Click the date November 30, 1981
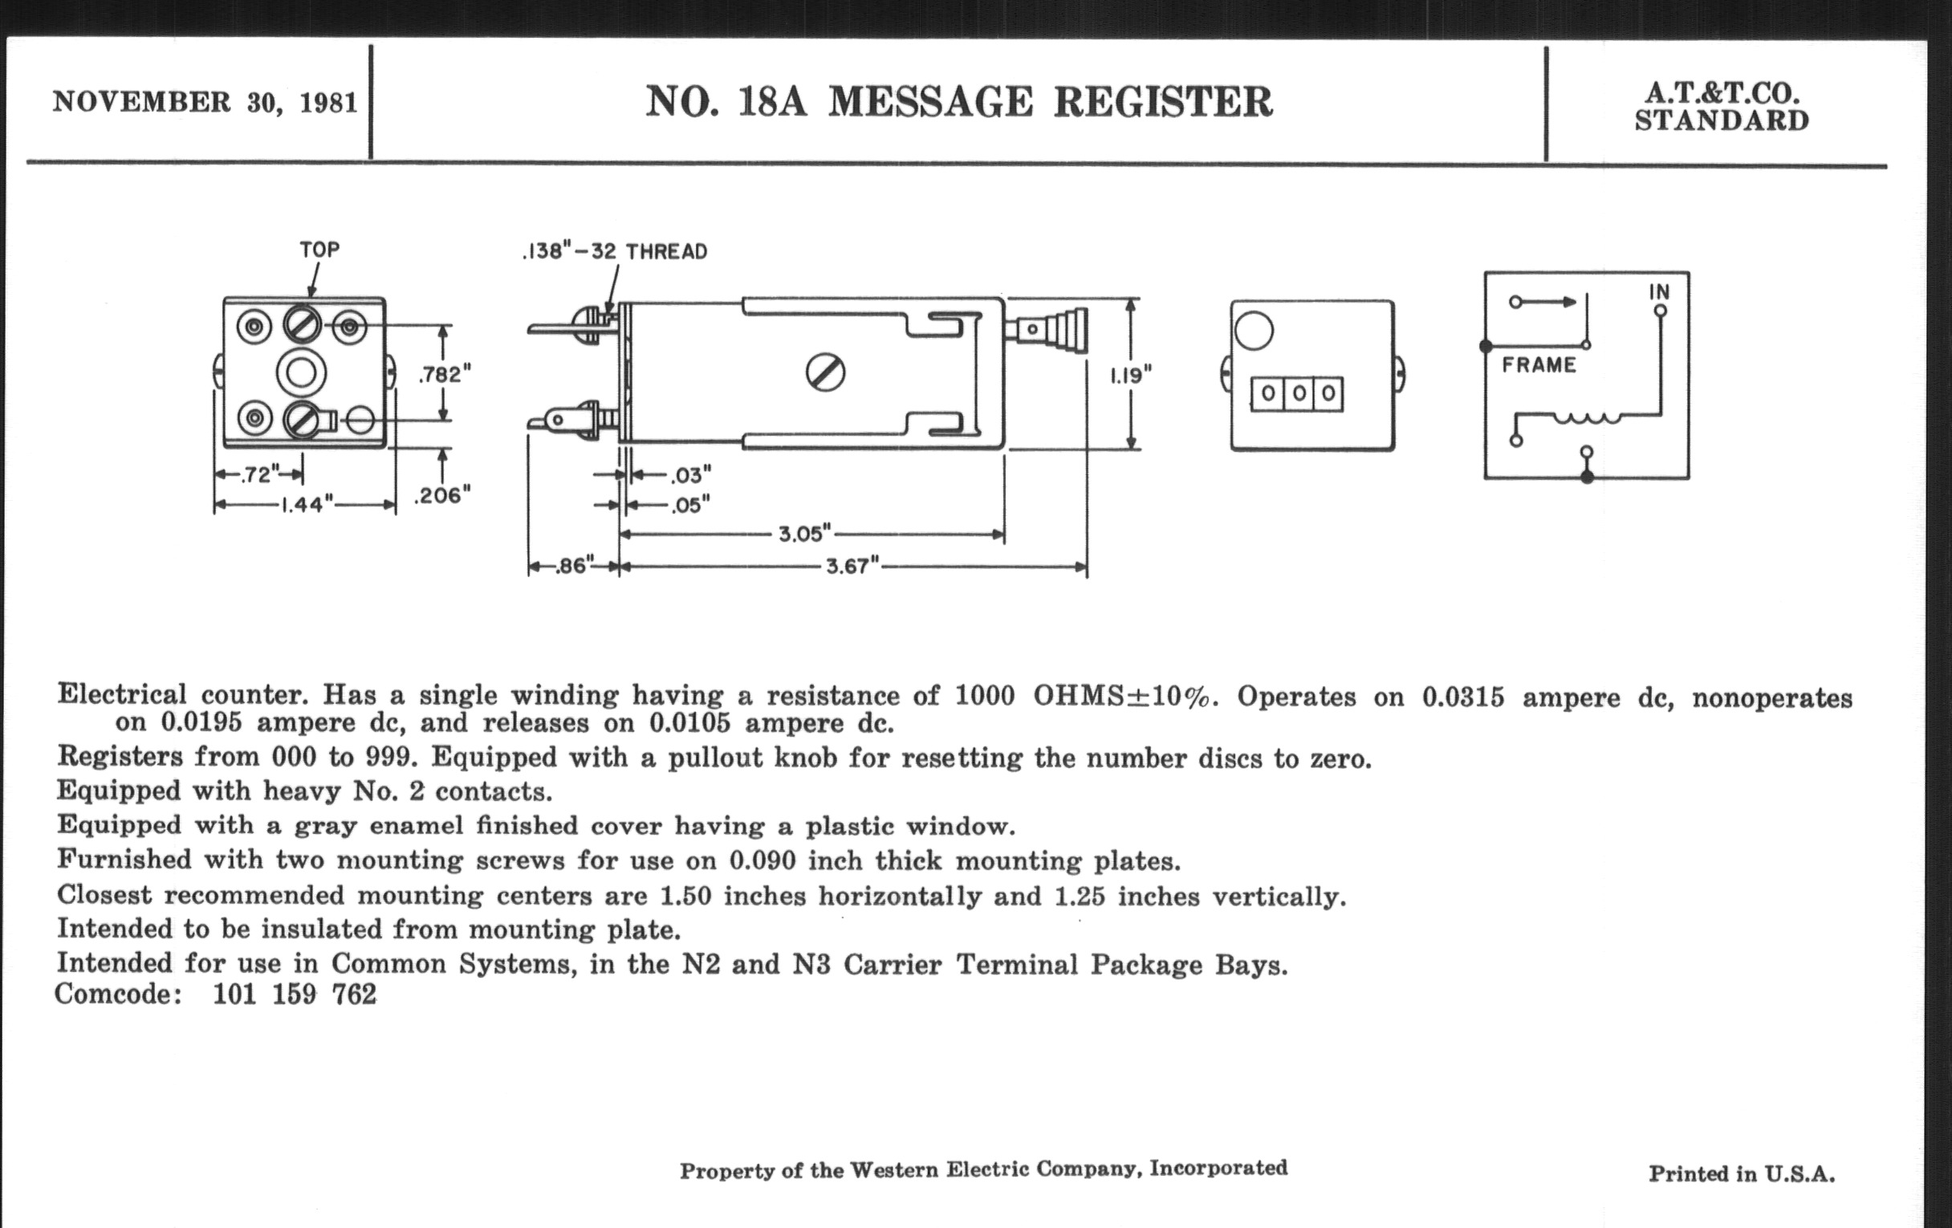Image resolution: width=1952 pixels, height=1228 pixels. (205, 103)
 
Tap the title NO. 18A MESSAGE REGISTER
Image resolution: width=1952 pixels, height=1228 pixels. (958, 103)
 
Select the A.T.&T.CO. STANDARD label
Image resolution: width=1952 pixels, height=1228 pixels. (1721, 107)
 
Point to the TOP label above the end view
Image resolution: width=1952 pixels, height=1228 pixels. (319, 250)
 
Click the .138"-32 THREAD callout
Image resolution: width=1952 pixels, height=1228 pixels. (615, 252)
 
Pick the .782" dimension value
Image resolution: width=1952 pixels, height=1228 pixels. (444, 375)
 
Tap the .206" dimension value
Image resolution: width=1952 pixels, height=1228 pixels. (441, 495)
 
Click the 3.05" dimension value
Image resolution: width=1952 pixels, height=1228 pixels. (805, 535)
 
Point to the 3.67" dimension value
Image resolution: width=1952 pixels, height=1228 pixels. (852, 567)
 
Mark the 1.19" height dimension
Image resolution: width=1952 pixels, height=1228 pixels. (1131, 376)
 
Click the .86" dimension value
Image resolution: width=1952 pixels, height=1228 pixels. (574, 566)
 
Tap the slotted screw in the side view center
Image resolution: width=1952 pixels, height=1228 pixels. (825, 374)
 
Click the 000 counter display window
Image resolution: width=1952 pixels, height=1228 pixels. (1296, 395)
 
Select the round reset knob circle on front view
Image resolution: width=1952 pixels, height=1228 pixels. (1253, 331)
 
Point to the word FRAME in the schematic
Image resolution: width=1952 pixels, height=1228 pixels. (1539, 365)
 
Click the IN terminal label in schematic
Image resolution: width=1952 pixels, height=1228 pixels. (1658, 291)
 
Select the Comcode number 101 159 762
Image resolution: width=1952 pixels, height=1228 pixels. (295, 994)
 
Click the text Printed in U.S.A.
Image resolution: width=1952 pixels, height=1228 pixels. (1741, 1173)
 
